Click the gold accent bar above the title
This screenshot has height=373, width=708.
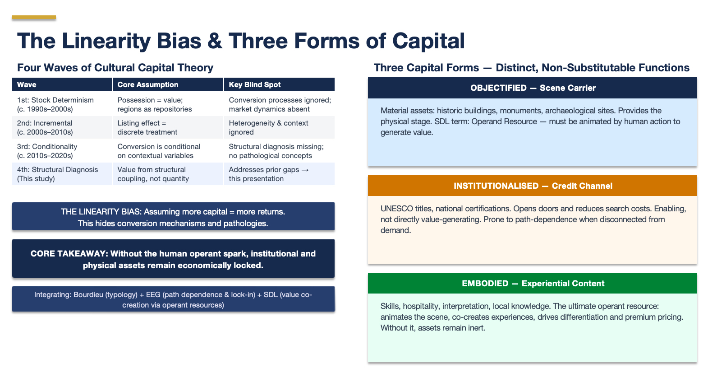pyautogui.click(x=34, y=18)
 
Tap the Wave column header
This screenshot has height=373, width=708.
pyautogui.click(x=27, y=84)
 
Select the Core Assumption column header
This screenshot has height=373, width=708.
pyautogui.click(x=147, y=84)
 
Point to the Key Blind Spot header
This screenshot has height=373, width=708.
pyautogui.click(x=254, y=84)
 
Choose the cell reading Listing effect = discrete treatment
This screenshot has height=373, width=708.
pyautogui.click(x=147, y=128)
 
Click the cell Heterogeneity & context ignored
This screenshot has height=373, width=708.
pyautogui.click(x=268, y=128)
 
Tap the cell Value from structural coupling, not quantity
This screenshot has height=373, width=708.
pyautogui.click(x=153, y=174)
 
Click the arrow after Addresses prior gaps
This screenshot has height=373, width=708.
pyautogui.click(x=305, y=170)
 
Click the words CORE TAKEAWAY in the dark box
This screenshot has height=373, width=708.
pyautogui.click(x=69, y=254)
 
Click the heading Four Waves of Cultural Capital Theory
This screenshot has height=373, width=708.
pyautogui.click(x=115, y=68)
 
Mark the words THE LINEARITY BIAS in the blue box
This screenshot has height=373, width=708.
pyautogui.click(x=101, y=212)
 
